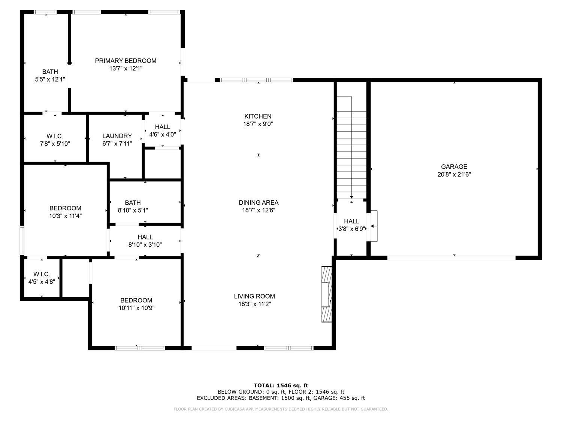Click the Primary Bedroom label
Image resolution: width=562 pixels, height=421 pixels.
tap(126, 61)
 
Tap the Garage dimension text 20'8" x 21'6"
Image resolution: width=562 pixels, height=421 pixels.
tap(454, 174)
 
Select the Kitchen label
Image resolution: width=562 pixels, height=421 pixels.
tap(258, 116)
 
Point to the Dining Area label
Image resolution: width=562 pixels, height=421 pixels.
tap(259, 202)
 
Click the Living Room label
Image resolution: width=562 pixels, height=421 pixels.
tap(254, 296)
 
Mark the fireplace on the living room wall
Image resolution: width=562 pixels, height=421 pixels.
tap(326, 294)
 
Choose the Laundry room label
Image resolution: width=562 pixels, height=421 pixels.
tap(117, 136)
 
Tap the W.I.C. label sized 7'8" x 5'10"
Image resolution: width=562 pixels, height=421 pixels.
tap(55, 136)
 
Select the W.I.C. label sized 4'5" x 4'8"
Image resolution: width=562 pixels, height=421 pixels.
tap(42, 274)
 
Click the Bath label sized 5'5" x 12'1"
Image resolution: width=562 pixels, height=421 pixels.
tap(50, 71)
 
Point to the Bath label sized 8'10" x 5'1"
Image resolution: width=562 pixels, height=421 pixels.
tap(133, 202)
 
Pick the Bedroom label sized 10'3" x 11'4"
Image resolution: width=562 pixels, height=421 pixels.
tap(65, 208)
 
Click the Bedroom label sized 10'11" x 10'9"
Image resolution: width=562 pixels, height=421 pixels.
tap(136, 300)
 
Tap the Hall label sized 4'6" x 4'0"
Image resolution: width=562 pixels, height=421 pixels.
tap(162, 127)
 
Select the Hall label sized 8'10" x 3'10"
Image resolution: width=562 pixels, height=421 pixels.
tap(145, 237)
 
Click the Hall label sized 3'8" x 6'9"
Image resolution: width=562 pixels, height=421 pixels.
tap(351, 221)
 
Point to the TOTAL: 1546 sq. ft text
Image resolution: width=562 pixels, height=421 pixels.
tap(281, 385)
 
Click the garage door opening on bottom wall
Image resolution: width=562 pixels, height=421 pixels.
tap(451, 258)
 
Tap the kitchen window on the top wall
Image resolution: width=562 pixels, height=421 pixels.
tap(256, 80)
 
